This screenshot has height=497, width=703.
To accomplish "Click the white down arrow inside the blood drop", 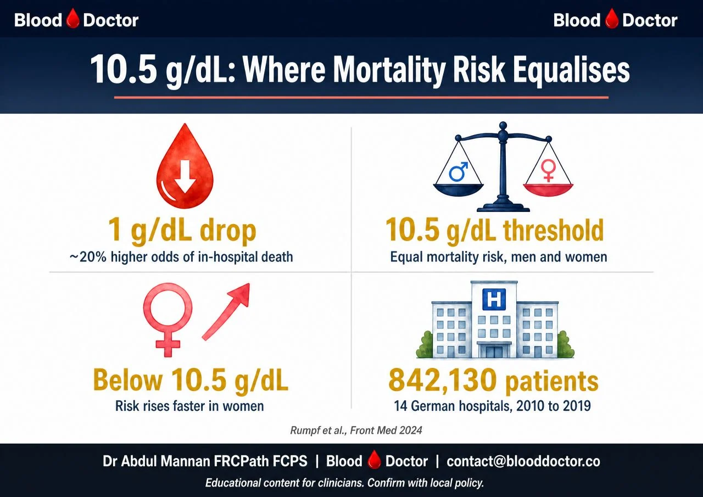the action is point(185,176).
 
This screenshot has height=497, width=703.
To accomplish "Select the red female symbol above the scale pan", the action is point(548,170).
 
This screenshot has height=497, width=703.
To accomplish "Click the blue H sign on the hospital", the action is point(494,299).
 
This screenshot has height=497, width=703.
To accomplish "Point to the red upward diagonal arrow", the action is point(226,311).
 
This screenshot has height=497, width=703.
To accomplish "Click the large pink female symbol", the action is point(168,320).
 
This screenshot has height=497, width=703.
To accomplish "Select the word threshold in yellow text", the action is point(553,231).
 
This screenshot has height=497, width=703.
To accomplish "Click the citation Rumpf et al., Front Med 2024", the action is point(356,430).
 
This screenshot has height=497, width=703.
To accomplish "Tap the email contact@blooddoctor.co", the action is point(523,461).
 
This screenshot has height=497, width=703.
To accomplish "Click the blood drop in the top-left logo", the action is point(72,18).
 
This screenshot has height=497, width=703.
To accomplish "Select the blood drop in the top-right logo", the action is point(611,19).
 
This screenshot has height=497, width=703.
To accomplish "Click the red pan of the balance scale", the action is point(548,190).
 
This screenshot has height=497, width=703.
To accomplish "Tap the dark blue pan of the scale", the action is point(458,190).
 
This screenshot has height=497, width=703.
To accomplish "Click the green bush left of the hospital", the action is point(425,344).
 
